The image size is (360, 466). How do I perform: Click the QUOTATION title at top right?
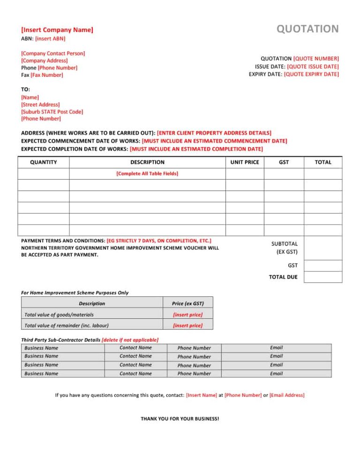pyautogui.click(x=307, y=29)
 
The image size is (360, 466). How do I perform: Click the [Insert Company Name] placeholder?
pyautogui.click(x=57, y=30)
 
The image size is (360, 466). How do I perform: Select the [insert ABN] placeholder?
pyautogui.click(x=50, y=38)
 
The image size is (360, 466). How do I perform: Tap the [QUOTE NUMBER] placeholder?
pyautogui.click(x=315, y=59)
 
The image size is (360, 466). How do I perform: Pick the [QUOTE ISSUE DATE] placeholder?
pyautogui.click(x=313, y=67)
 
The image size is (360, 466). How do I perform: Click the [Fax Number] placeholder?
pyautogui.click(x=47, y=75)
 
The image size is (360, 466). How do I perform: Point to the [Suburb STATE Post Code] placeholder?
pyautogui.click(x=52, y=112)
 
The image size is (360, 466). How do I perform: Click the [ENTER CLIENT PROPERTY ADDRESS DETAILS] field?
pyautogui.click(x=214, y=133)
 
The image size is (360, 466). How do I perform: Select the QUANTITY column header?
pyautogui.click(x=43, y=162)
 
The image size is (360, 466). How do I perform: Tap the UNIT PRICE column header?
pyautogui.click(x=245, y=162)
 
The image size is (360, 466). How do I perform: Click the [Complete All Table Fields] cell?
pyautogui.click(x=147, y=173)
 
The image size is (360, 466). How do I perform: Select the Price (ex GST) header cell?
pyautogui.click(x=187, y=303)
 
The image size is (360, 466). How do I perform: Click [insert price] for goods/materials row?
pyautogui.click(x=187, y=315)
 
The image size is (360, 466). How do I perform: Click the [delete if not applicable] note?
pyautogui.click(x=130, y=339)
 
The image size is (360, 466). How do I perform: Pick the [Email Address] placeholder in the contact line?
pyautogui.click(x=287, y=395)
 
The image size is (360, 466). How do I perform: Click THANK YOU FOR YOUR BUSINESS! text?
pyautogui.click(x=180, y=418)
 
